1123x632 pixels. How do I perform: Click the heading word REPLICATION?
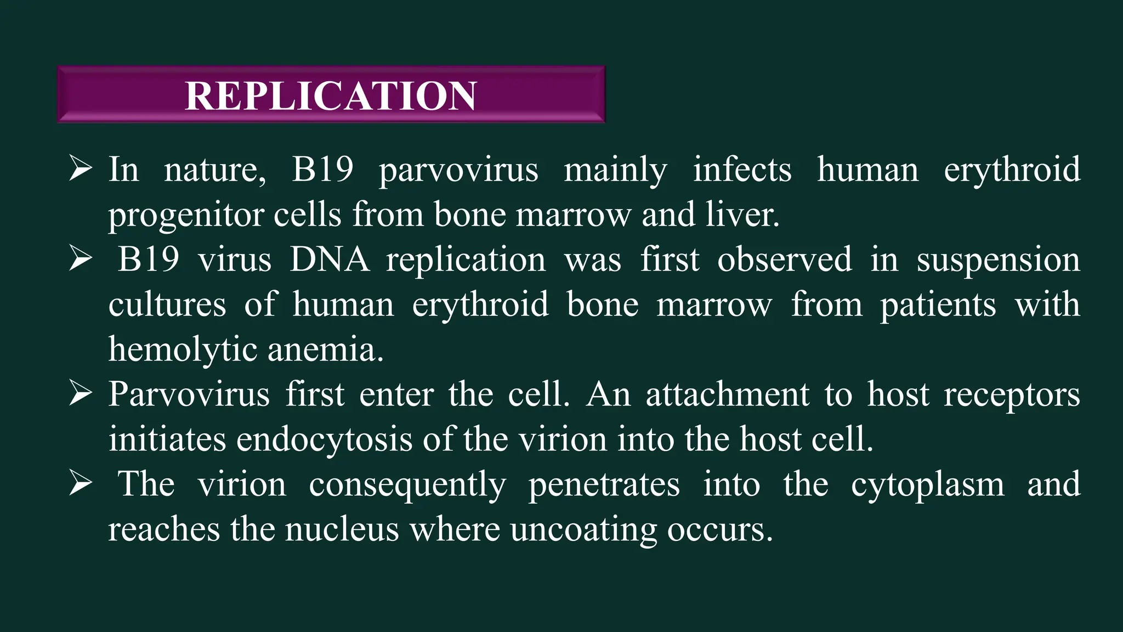click(331, 95)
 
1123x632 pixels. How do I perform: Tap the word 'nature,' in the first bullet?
click(215, 170)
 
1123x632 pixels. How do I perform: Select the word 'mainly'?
click(615, 170)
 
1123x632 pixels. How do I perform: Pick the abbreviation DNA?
click(330, 259)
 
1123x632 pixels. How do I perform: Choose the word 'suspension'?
click(998, 259)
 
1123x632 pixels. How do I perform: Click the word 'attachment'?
click(727, 394)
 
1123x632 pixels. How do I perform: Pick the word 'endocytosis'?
click(324, 439)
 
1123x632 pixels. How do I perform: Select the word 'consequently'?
click(407, 484)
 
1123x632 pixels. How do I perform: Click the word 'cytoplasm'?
click(928, 484)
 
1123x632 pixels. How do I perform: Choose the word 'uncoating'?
click(583, 529)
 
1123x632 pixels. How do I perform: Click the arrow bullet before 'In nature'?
click(80, 170)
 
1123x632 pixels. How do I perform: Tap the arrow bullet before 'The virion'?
click(80, 484)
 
